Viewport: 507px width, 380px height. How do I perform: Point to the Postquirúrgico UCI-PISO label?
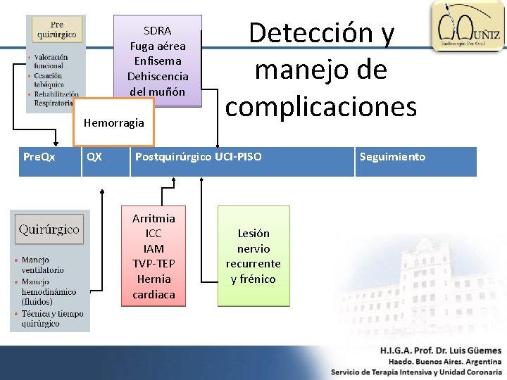pos(198,157)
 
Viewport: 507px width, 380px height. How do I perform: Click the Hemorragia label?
pos(113,122)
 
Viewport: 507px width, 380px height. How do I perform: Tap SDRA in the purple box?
pos(157,31)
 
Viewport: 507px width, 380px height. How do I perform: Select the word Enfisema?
pos(158,61)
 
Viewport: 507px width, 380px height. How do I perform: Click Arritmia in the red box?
pos(154,218)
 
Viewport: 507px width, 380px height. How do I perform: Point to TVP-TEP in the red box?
pos(154,264)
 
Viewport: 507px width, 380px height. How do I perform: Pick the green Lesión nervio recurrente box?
pos(254,256)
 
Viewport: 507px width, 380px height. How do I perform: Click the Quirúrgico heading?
pos(49,229)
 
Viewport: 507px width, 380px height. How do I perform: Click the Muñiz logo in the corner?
pos(467,26)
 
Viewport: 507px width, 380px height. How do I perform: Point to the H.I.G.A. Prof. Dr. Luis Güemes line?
pos(440,350)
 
